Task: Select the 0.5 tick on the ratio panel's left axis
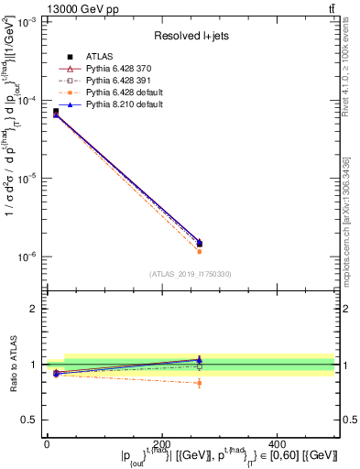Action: coord(30,420)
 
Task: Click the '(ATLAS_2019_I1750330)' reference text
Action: coord(190,274)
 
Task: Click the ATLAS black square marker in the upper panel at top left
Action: coord(56,112)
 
